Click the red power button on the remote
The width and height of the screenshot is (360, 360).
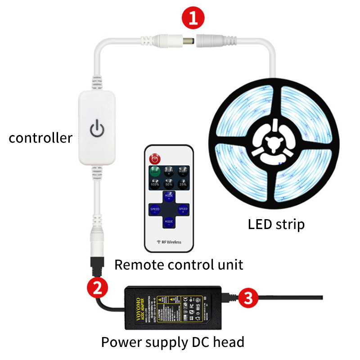(x=155, y=158)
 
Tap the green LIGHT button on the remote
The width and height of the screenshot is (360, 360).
(x=155, y=172)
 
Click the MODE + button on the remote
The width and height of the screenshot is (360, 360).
(x=169, y=197)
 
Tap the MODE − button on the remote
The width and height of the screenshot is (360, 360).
(x=169, y=222)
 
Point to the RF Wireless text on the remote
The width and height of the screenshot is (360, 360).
(x=169, y=242)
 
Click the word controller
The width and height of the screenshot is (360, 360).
(x=40, y=138)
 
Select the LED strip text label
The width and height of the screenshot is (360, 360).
(x=276, y=224)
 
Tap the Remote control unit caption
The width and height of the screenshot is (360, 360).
(x=179, y=264)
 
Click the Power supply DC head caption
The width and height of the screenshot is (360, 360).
(x=172, y=342)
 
